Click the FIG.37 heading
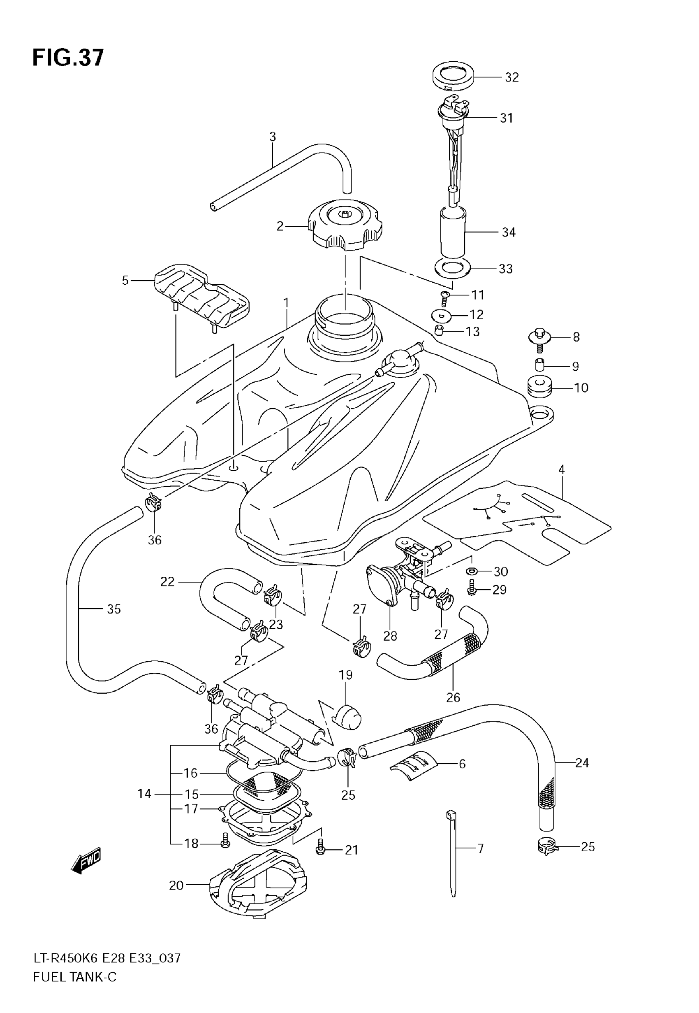point(68,57)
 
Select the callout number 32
point(512,77)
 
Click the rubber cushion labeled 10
point(539,386)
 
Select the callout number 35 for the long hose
point(114,609)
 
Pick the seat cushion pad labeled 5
point(201,296)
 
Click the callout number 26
point(453,697)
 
